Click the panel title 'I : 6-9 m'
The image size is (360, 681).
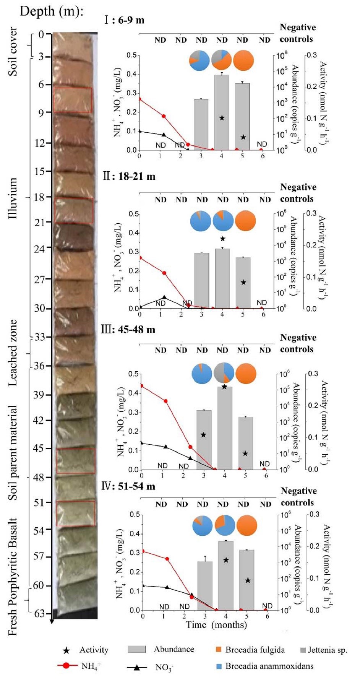(x=124, y=20)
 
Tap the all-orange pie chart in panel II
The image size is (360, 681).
(x=245, y=221)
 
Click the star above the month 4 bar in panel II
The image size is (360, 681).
(x=223, y=239)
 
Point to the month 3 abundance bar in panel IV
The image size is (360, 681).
(x=205, y=585)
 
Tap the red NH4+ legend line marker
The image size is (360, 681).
(x=66, y=666)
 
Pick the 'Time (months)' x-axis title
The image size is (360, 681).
(x=216, y=625)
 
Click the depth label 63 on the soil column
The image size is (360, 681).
(x=40, y=613)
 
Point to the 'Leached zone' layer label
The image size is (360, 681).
(x=13, y=352)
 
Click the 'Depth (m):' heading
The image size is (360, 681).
(x=51, y=11)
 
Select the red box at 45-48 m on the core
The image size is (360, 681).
(x=76, y=461)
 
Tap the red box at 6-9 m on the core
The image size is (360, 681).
(x=73, y=100)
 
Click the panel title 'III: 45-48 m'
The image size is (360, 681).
(x=128, y=330)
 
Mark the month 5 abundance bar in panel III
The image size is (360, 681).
(x=245, y=443)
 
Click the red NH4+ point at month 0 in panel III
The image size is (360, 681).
(x=141, y=385)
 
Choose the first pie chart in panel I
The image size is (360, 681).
(x=199, y=61)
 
